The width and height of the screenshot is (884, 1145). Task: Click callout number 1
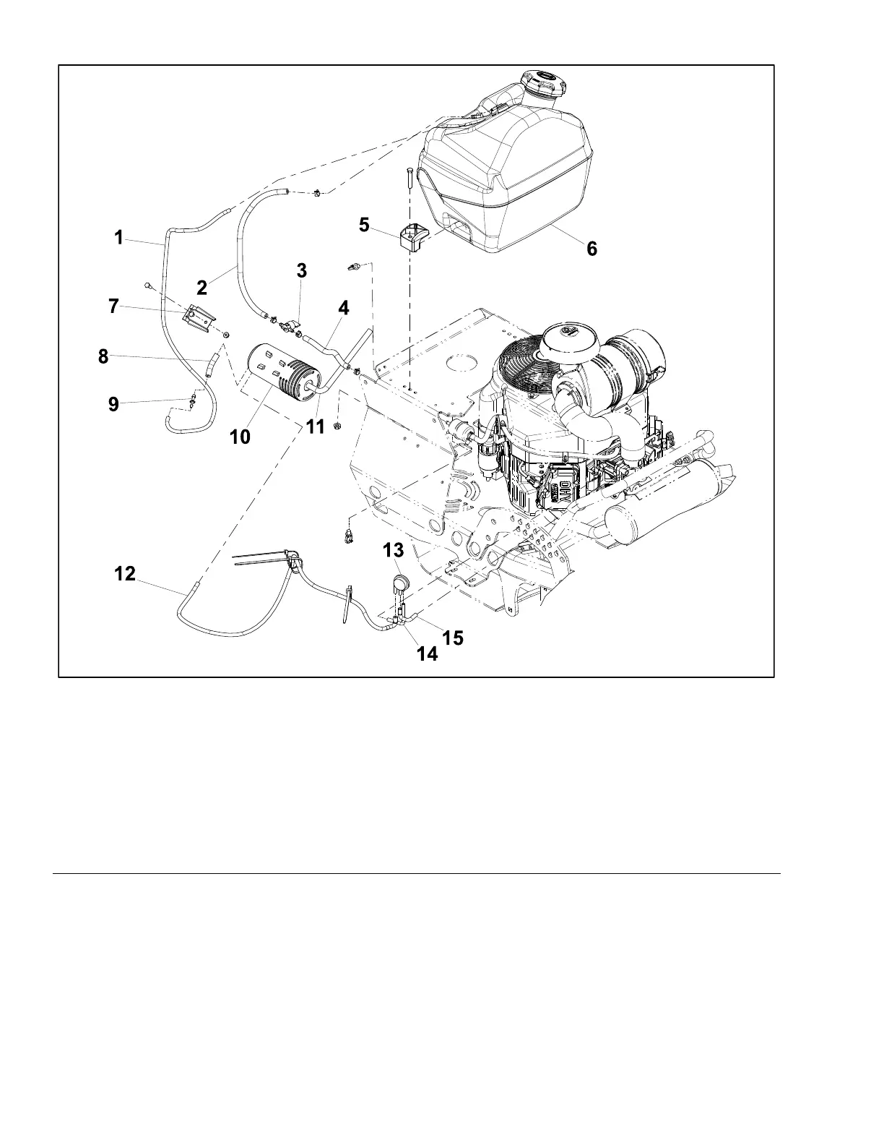click(x=119, y=238)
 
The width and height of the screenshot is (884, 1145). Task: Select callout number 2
click(x=202, y=287)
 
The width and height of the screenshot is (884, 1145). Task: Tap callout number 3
click(x=302, y=270)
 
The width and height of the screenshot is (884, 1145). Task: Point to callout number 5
click(x=365, y=225)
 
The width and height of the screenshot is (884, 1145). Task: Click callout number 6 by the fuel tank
click(x=591, y=248)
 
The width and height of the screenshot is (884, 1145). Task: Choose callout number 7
click(x=113, y=306)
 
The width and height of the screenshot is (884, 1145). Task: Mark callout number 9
click(x=113, y=404)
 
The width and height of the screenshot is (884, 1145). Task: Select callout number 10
click(x=240, y=437)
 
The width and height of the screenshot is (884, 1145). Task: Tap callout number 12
click(x=125, y=573)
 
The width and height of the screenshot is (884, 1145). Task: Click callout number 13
click(x=394, y=551)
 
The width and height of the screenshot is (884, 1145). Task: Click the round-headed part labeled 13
click(x=397, y=580)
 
